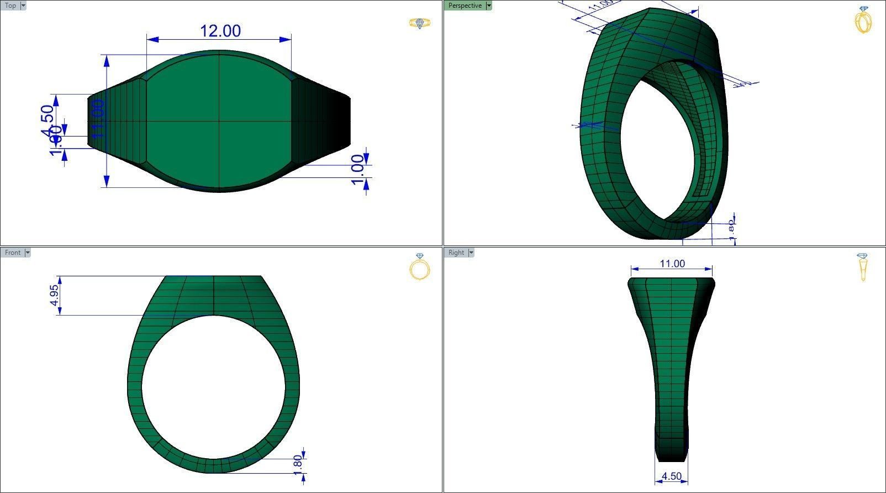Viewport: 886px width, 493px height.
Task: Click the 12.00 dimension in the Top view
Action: [x=220, y=31]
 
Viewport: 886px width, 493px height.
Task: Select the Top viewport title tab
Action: [x=10, y=6]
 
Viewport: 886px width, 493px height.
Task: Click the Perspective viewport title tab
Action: [x=465, y=6]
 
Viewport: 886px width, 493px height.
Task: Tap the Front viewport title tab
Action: [x=12, y=253]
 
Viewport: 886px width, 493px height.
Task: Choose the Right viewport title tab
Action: [x=456, y=253]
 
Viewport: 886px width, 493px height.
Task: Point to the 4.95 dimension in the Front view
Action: [x=54, y=295]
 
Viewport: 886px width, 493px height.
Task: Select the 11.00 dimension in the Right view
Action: [x=672, y=264]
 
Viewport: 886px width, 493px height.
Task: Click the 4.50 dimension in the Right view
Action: [x=671, y=476]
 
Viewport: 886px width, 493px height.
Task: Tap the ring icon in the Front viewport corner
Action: [x=420, y=267]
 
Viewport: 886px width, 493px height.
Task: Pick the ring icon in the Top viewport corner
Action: [x=420, y=23]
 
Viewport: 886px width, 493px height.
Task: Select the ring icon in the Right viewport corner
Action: [x=863, y=267]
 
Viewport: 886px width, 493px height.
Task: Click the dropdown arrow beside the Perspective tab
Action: [x=489, y=6]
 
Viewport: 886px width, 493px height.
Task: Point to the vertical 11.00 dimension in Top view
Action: [x=98, y=119]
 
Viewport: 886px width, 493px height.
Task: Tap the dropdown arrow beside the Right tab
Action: [x=471, y=253]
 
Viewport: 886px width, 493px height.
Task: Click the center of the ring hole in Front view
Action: [x=214, y=387]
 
